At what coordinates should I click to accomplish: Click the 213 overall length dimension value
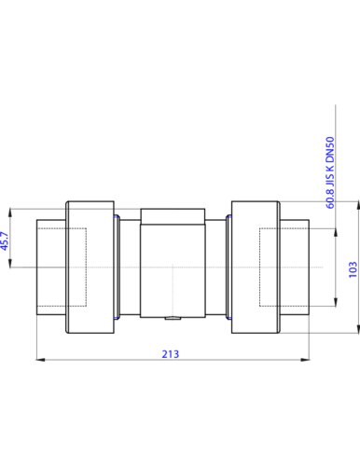[x=171, y=354]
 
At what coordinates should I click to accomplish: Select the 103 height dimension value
[x=353, y=269]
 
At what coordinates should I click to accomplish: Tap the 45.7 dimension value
[x=5, y=240]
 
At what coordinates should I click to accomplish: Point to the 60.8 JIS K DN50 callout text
[x=330, y=172]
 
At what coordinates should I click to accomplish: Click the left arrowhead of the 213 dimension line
[x=41, y=360]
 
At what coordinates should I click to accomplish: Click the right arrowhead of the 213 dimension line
[x=305, y=360]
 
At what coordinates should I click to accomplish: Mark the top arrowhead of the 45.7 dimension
[x=10, y=213]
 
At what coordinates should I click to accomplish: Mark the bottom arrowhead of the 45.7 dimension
[x=10, y=263]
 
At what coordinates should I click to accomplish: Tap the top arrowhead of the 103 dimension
[x=357, y=206]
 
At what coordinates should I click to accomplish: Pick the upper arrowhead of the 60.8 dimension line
[x=336, y=233]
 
